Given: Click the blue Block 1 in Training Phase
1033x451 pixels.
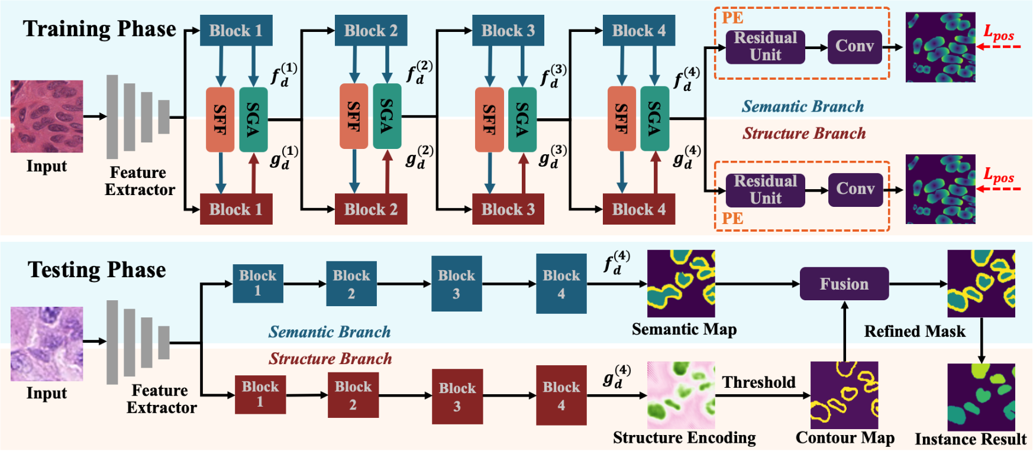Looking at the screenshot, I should click(236, 31).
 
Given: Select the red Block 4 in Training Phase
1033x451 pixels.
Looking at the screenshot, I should click(638, 209).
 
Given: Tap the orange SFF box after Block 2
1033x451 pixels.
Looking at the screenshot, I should click(354, 116).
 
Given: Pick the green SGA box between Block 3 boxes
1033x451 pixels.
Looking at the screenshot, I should click(522, 119).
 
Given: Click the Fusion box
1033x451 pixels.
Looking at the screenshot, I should click(844, 284).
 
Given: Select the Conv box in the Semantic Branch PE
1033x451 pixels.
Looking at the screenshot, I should click(854, 47).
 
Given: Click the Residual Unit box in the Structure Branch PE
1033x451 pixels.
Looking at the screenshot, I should click(765, 190).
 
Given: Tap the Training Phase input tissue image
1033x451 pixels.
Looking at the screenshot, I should click(47, 116).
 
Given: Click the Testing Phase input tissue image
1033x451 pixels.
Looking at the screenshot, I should click(47, 343).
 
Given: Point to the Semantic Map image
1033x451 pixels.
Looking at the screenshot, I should click(681, 284).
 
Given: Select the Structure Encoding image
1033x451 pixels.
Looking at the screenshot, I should click(681, 395).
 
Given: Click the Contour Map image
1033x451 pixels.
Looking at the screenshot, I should click(844, 395).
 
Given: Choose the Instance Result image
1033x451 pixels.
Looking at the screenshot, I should click(981, 397).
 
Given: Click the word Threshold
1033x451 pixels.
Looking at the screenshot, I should click(758, 382).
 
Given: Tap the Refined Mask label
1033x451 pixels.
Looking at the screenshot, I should click(914, 332).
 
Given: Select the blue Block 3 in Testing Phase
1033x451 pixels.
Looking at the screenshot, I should click(456, 284).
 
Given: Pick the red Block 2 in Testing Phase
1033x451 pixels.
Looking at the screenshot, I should click(353, 395).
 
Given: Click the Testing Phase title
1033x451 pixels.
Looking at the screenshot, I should click(96, 270).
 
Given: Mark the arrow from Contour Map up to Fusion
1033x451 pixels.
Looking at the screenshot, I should click(844, 331).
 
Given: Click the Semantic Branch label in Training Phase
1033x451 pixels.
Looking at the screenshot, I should click(802, 107).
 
